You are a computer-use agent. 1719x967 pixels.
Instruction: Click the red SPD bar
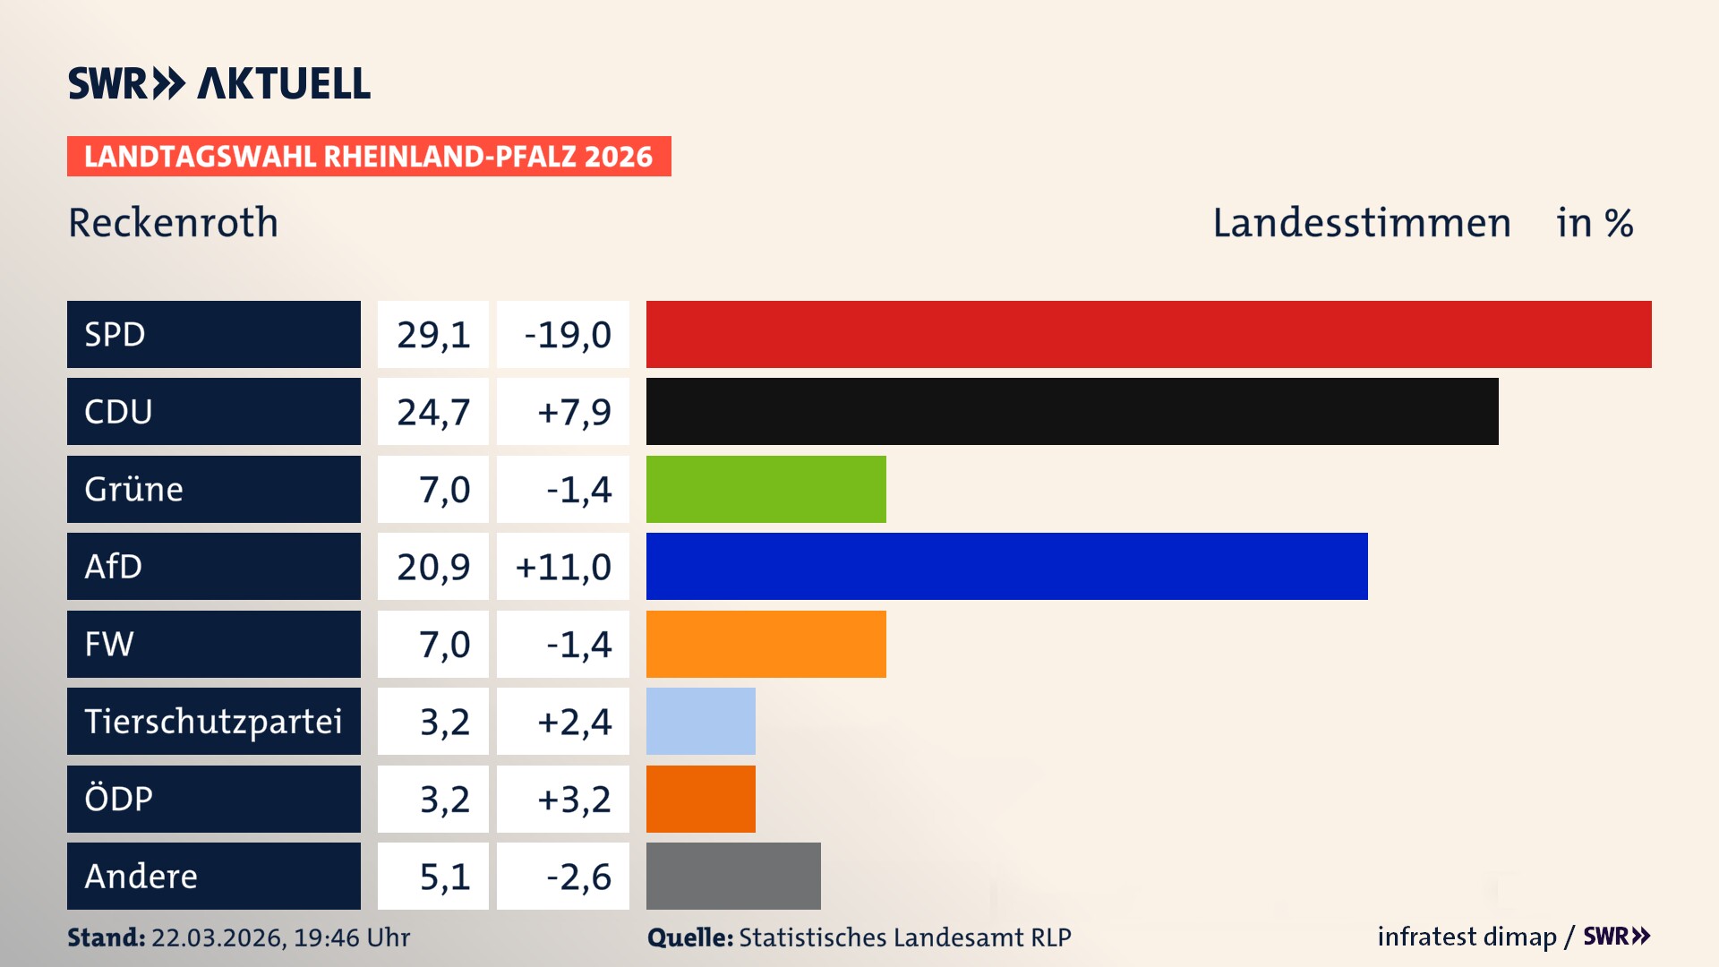point(1149,334)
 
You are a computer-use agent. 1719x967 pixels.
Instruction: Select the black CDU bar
point(1072,412)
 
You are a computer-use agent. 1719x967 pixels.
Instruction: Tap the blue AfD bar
point(1006,567)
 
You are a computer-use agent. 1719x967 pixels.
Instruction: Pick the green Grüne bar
point(765,489)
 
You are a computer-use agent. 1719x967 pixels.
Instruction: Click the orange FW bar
point(765,644)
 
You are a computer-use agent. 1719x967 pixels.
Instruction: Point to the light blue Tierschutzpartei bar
point(700,722)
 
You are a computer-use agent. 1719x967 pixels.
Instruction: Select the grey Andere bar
point(733,876)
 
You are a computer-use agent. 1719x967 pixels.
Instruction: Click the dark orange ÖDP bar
point(700,799)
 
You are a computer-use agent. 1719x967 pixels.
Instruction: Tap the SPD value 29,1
point(433,335)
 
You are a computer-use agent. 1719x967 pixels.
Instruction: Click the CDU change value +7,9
point(573,412)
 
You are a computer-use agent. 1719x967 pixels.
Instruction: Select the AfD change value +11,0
point(563,567)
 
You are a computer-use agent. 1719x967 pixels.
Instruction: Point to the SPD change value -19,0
point(567,335)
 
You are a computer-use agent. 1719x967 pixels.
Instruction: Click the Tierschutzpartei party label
point(213,722)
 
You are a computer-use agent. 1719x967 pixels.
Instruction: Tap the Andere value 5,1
point(444,877)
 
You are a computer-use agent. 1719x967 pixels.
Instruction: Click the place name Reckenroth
point(173,223)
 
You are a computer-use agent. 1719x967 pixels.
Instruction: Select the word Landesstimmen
point(1361,223)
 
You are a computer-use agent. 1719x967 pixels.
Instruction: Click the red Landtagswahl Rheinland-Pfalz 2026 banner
point(368,157)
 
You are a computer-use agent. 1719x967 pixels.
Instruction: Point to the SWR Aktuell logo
point(218,83)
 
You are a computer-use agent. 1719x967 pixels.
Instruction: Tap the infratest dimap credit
point(1467,937)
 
